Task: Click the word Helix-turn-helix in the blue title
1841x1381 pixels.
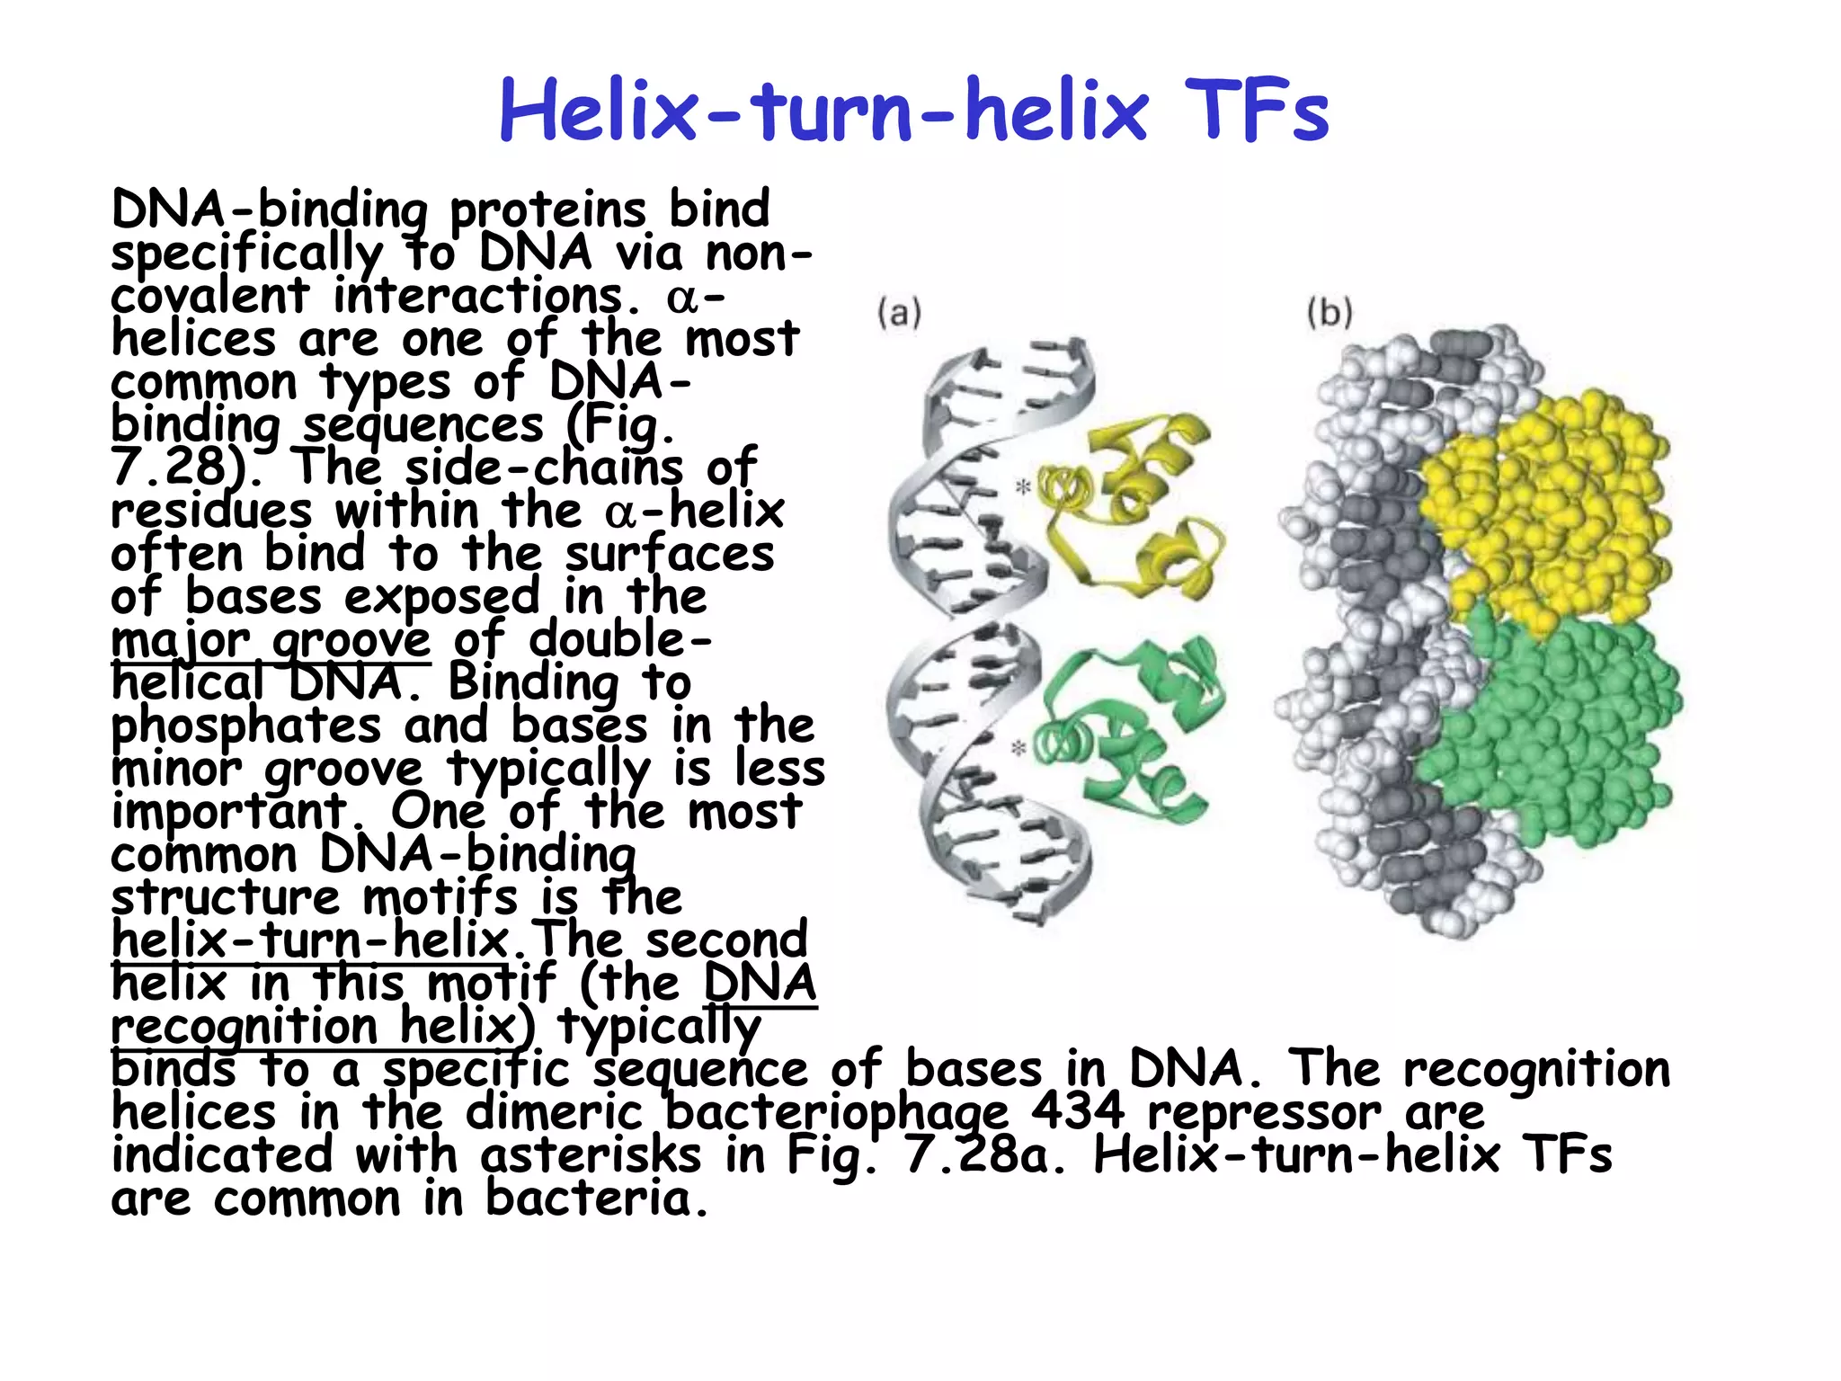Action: point(823,111)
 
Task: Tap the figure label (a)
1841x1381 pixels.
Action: point(899,313)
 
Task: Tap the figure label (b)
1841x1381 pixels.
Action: point(1330,313)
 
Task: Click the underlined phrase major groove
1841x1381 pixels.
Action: point(271,641)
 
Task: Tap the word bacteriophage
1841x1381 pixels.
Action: point(835,1113)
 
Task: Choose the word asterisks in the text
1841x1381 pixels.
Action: point(590,1155)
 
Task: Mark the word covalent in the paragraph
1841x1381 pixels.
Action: point(209,296)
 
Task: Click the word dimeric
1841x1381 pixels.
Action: point(553,1112)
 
